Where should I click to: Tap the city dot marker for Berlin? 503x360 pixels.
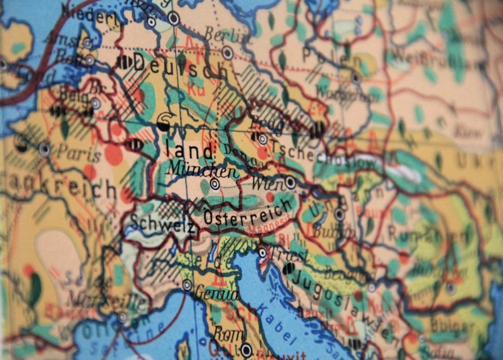coord(227,52)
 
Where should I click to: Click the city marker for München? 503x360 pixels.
coord(215,184)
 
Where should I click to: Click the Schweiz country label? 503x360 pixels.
coord(161,223)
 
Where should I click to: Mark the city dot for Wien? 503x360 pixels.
coord(290,183)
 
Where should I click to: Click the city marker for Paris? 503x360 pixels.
coord(45,149)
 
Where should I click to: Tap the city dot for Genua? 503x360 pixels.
coord(187,285)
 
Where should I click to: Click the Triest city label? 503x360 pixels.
coord(290,255)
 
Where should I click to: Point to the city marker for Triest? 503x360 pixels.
coord(263,253)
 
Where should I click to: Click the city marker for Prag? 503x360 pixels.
coord(262,139)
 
